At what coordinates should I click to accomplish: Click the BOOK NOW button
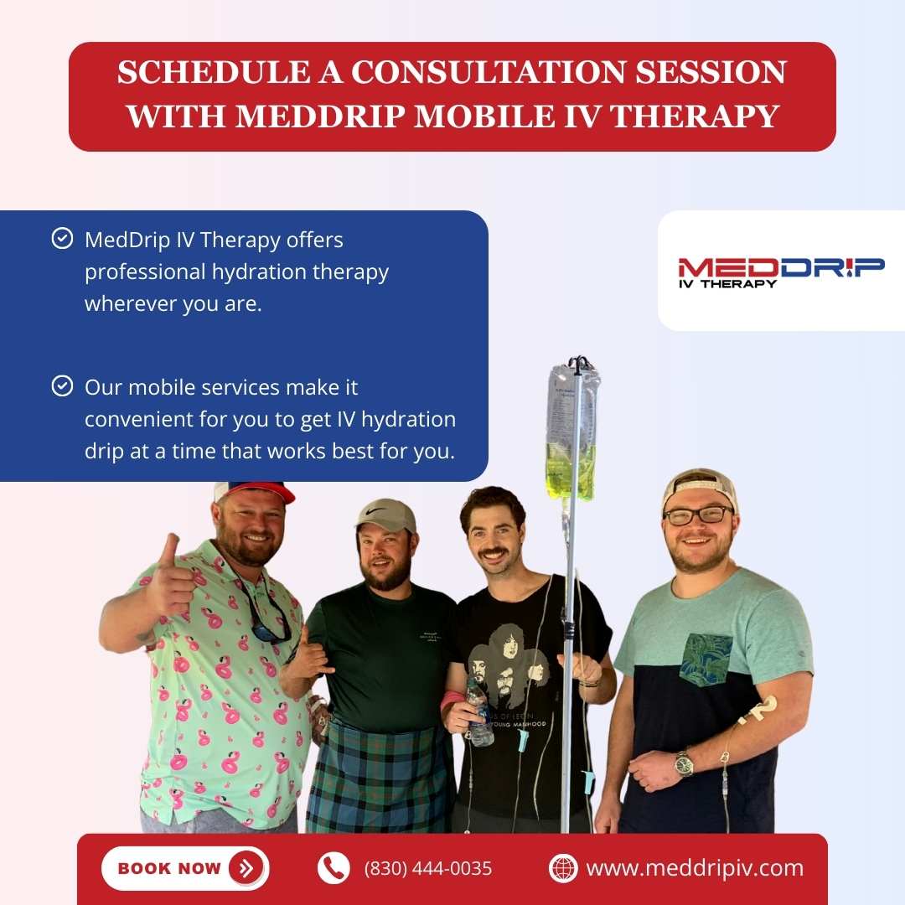[x=184, y=868]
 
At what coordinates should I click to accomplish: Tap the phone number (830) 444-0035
[x=427, y=868]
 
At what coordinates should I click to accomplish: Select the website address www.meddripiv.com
[x=695, y=868]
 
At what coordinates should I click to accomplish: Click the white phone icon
[x=334, y=868]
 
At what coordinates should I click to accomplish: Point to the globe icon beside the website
[x=563, y=868]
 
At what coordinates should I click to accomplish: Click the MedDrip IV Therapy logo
[x=781, y=271]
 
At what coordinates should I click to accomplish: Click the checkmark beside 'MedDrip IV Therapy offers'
[x=62, y=239]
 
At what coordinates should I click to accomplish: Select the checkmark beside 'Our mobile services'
[x=62, y=386]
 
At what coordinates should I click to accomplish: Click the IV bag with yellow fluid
[x=572, y=436]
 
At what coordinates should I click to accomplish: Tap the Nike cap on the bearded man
[x=386, y=515]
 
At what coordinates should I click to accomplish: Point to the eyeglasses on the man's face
[x=698, y=515]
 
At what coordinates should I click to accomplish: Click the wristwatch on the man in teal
[x=684, y=763]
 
